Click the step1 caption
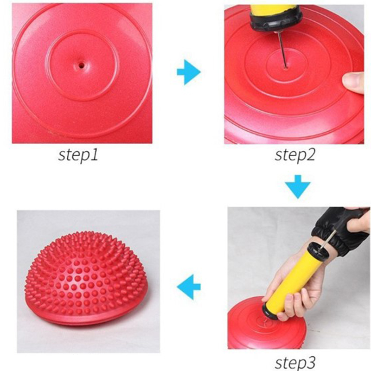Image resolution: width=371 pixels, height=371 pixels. pyautogui.click(x=78, y=155)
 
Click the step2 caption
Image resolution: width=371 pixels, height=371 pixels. pyautogui.click(x=295, y=155)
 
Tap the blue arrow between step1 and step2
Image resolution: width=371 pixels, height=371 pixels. pyautogui.click(x=189, y=72)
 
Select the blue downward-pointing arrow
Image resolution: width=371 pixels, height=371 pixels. pyautogui.click(x=297, y=186)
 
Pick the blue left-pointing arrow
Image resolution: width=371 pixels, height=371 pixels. pyautogui.click(x=189, y=287)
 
